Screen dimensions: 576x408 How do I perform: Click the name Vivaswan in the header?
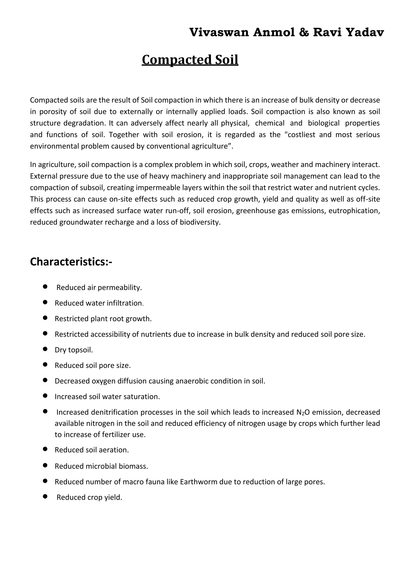[x=219, y=33]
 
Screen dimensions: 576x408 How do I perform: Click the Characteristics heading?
[x=71, y=262]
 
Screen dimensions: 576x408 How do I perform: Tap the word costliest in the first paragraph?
[x=301, y=135]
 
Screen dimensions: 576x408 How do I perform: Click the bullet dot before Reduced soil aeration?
[x=45, y=449]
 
